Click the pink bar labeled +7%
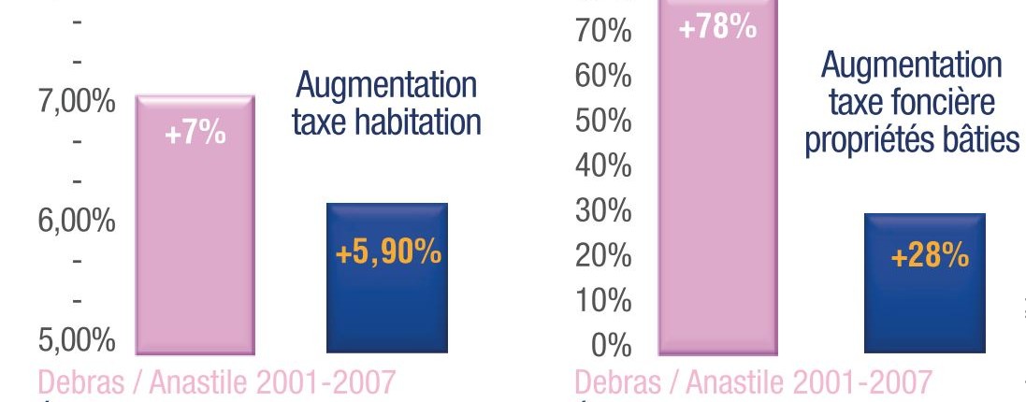coord(195,225)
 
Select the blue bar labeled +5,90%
coord(386,278)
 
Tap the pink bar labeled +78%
coord(717,178)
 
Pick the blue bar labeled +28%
coord(925,283)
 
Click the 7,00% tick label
coord(77,103)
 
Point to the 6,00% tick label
coord(77,222)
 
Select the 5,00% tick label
coord(77,340)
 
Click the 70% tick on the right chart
coord(603,31)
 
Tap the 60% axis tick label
coord(603,77)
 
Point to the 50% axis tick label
coord(603,122)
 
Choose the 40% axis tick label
coord(603,166)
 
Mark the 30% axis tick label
coord(603,211)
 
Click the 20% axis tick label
coord(603,257)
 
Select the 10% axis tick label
coord(603,301)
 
